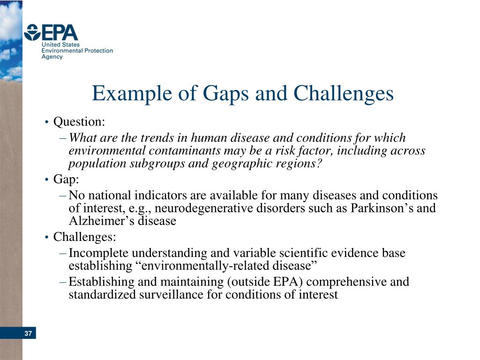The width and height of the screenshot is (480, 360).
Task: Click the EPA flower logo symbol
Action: (x=32, y=33)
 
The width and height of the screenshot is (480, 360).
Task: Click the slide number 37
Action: (x=28, y=334)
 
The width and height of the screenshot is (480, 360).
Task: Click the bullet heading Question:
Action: (x=79, y=122)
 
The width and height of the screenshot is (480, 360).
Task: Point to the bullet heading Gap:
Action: (x=66, y=180)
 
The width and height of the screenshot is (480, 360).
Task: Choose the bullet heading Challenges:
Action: (x=84, y=237)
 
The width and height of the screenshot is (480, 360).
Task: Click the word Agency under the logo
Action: (x=52, y=57)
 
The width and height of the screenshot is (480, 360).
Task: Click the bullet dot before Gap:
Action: (x=47, y=180)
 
